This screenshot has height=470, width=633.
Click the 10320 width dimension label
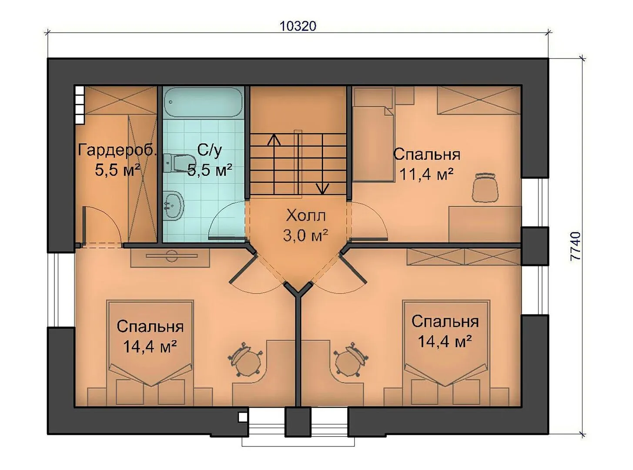298,26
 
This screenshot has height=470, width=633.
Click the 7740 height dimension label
576,246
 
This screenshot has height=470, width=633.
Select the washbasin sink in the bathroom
174,205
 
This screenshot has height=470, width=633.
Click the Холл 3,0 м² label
305,225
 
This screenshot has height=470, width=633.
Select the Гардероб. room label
117,150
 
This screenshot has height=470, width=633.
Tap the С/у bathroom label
210,150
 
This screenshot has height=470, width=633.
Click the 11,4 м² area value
427,174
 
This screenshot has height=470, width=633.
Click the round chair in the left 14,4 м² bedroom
245,359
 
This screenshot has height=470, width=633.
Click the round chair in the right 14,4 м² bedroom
351,359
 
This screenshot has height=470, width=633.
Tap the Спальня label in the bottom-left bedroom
150,326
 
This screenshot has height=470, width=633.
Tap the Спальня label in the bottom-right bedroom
445,321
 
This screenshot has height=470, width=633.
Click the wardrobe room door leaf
84,226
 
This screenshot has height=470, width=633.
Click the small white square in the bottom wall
243,417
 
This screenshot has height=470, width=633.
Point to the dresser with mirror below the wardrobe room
170,257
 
